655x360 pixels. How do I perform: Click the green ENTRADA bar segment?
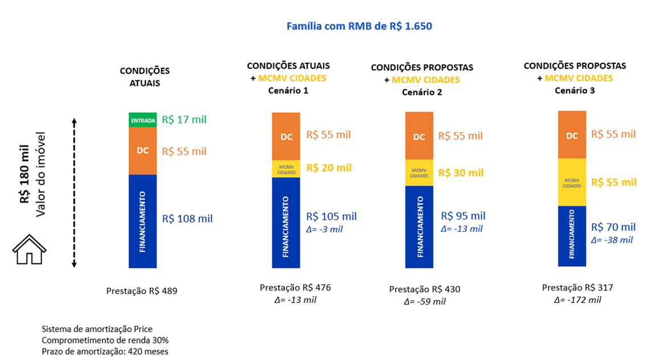pyautogui.click(x=142, y=120)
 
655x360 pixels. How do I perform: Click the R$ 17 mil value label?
pyautogui.click(x=184, y=120)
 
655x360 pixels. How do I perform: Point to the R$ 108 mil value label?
pyautogui.click(x=187, y=218)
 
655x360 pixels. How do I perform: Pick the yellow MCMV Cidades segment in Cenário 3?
pyautogui.click(x=572, y=182)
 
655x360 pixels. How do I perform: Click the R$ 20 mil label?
pyautogui.click(x=329, y=168)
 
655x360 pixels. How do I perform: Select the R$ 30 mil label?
pyautogui.click(x=461, y=173)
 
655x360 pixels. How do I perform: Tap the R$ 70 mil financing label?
pyautogui.click(x=613, y=227)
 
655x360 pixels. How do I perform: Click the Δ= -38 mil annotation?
pyautogui.click(x=612, y=240)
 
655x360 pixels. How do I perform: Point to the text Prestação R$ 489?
pyautogui.click(x=142, y=291)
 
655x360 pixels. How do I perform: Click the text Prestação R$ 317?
pyautogui.click(x=578, y=288)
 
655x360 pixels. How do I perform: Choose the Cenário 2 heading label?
pyautogui.click(x=421, y=92)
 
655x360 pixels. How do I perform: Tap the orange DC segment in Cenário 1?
pyautogui.click(x=286, y=137)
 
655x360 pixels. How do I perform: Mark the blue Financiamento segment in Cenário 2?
pyautogui.click(x=419, y=227)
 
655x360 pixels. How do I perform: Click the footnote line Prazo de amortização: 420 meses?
pyautogui.click(x=105, y=351)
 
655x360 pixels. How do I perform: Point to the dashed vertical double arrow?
pyautogui.click(x=74, y=193)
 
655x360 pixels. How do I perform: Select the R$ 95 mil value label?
pyautogui.click(x=463, y=216)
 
